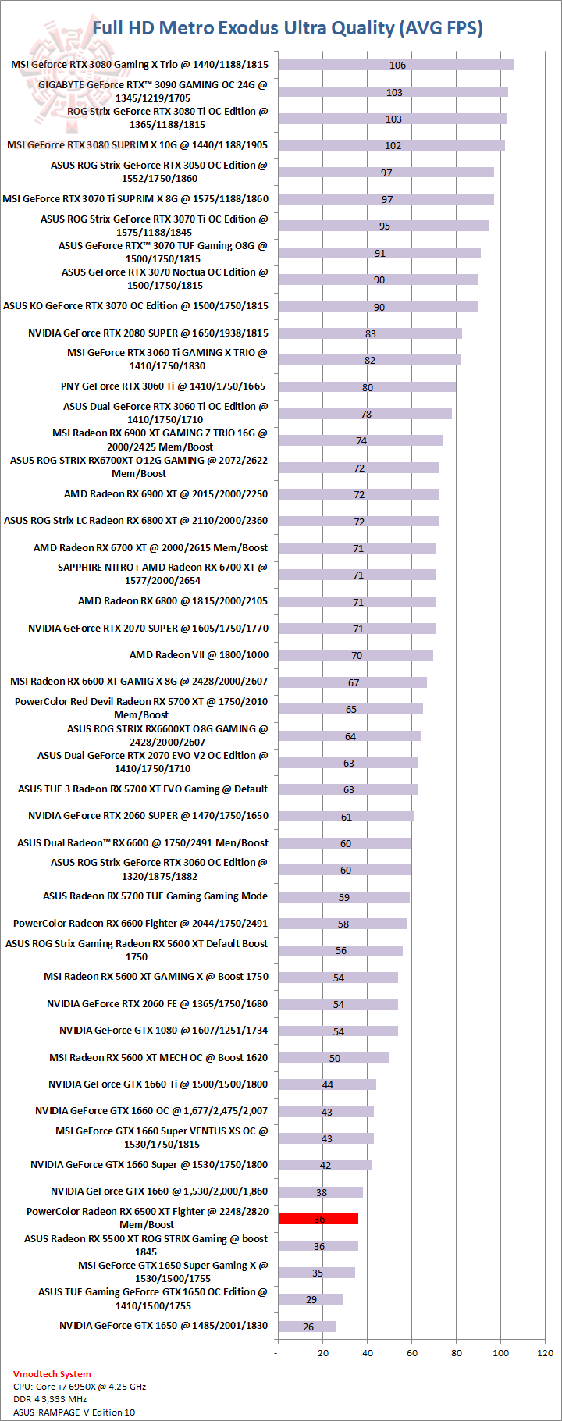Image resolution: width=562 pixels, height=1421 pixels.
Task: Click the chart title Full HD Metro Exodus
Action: click(287, 29)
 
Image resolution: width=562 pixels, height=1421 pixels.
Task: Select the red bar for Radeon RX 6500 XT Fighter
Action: click(318, 1218)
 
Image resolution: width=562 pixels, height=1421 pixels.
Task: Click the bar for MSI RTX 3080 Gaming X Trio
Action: click(396, 65)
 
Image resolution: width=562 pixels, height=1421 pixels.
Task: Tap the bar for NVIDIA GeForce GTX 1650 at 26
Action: click(307, 1326)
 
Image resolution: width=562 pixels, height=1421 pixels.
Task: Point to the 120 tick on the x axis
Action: click(546, 1352)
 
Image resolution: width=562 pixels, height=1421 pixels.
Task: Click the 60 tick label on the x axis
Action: click(412, 1352)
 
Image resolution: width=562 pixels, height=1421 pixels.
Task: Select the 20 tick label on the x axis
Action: click(323, 1352)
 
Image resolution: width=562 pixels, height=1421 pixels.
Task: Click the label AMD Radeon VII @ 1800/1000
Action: click(198, 654)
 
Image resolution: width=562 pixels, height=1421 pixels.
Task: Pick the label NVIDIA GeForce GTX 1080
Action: click(163, 1030)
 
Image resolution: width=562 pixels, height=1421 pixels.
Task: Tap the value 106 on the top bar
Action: click(397, 66)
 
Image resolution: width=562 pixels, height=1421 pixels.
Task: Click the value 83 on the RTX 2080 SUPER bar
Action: click(370, 333)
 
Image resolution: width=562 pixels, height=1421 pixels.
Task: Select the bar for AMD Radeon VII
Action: click(355, 655)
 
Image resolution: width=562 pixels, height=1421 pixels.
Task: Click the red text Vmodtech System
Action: click(52, 1373)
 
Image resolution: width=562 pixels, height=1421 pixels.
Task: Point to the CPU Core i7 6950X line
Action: click(79, 1387)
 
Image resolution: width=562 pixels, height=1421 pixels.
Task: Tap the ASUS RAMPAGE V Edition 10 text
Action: click(73, 1412)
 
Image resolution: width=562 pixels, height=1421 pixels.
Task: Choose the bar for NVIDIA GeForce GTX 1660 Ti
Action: click(327, 1084)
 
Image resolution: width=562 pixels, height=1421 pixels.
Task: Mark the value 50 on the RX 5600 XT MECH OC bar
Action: click(335, 1058)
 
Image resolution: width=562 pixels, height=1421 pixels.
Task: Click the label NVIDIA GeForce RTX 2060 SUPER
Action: click(148, 815)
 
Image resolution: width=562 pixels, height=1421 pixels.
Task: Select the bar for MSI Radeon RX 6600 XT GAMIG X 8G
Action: click(352, 682)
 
